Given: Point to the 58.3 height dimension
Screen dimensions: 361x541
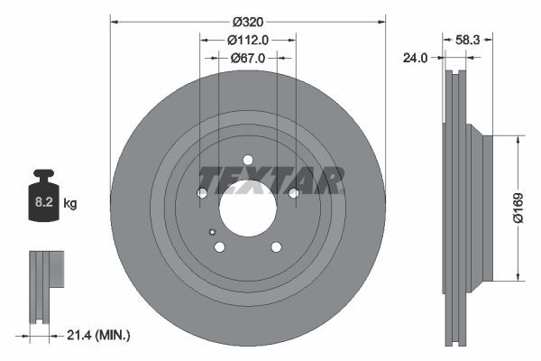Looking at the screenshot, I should pos(467,40).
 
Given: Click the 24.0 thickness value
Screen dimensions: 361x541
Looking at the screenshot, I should pos(414,59).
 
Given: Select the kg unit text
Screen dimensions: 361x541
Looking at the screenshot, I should pos(70,204).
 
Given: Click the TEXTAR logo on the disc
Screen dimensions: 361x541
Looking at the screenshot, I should pos(270,180).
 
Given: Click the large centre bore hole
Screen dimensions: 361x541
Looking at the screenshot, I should pos(248,208).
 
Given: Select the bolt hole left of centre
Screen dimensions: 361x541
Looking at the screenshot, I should pos(202,193).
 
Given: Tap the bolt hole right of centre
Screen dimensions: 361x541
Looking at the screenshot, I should pos(293,193).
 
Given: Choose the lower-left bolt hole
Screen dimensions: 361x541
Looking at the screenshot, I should pos(219,246).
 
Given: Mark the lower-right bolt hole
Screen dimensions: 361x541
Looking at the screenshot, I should pos(276,246).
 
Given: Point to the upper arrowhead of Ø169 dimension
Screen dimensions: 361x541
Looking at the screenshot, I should pos(518,141).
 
